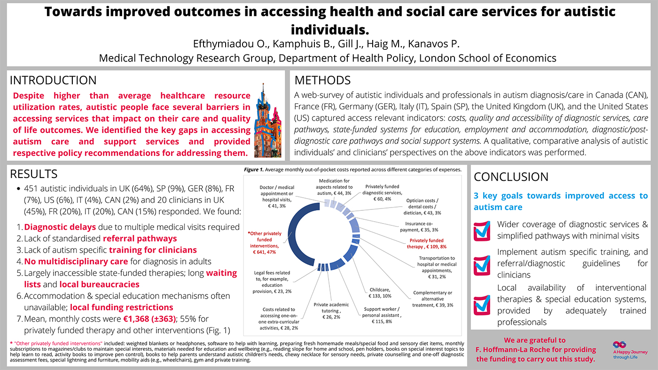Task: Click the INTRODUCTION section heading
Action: tap(53, 80)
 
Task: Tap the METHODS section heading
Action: tap(322, 80)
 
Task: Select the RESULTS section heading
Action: tap(34, 174)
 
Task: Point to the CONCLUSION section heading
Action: tap(511, 177)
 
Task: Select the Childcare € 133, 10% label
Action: tap(380, 293)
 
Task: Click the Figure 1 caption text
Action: tap(352, 170)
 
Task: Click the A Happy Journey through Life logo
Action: tap(630, 350)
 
